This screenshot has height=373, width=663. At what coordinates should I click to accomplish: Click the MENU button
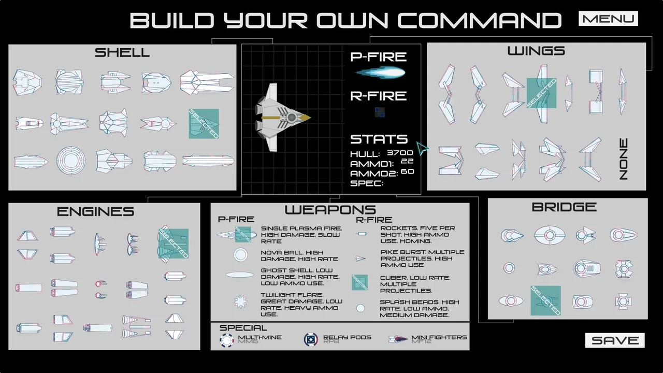[x=608, y=19]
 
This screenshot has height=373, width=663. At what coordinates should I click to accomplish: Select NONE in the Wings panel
[x=623, y=159]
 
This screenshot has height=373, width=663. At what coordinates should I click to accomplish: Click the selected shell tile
[x=204, y=123]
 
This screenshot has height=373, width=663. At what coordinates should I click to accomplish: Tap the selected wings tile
[x=541, y=93]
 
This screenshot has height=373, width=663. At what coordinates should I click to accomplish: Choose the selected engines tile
[x=173, y=243]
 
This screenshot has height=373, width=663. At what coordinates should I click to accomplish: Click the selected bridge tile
[x=545, y=300]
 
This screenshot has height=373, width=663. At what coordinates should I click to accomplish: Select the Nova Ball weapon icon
[x=240, y=255]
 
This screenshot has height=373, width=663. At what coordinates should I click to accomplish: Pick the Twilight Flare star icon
[x=240, y=301]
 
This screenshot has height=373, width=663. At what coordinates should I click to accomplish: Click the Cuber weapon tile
[x=359, y=282]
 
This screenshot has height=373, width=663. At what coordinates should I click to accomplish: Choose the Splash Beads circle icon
[x=360, y=308]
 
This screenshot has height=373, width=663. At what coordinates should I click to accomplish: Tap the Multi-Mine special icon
[x=227, y=340]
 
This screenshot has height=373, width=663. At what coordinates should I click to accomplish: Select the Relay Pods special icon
[x=311, y=340]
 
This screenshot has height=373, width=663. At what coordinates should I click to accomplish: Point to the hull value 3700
[x=400, y=153]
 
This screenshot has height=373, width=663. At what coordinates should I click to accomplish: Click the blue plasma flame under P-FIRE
[x=380, y=73]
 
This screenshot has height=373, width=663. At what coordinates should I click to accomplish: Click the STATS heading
[x=379, y=139]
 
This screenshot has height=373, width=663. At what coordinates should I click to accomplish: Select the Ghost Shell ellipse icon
[x=240, y=275]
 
